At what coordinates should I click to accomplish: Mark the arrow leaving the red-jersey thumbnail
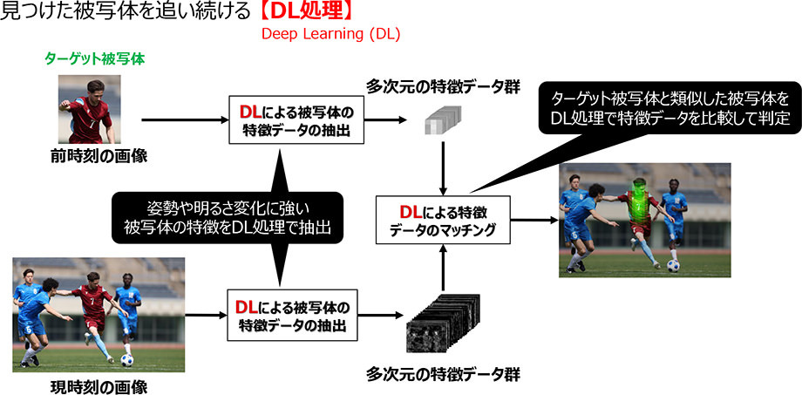[x=179, y=119]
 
